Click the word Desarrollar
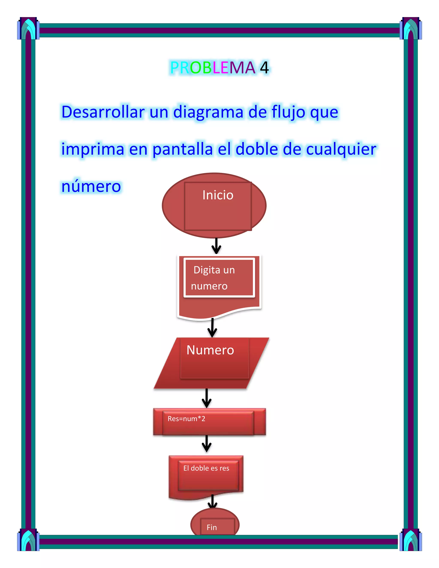point(103,112)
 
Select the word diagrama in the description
point(208,112)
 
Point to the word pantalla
point(183,149)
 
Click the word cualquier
point(341,149)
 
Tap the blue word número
point(91,186)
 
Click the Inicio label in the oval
point(218,195)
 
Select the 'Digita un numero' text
point(213,278)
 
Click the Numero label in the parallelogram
point(210,350)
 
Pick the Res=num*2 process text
point(186,419)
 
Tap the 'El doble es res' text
point(206,468)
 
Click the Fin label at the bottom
point(212,527)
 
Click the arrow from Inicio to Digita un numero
point(216,246)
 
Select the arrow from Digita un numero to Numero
point(212,328)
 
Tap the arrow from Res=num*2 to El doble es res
point(206,444)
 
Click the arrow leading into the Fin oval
point(212,501)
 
